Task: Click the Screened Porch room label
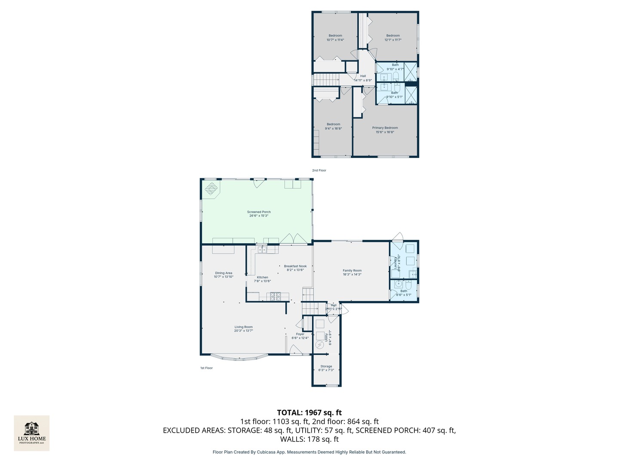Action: pyautogui.click(x=259, y=212)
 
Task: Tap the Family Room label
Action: pyautogui.click(x=352, y=270)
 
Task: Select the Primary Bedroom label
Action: pyautogui.click(x=385, y=128)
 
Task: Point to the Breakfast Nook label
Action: pyautogui.click(x=295, y=266)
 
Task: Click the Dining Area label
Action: pyautogui.click(x=224, y=273)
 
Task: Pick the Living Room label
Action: pyautogui.click(x=243, y=327)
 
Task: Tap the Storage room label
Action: pyautogui.click(x=326, y=366)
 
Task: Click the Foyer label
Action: pyautogui.click(x=300, y=334)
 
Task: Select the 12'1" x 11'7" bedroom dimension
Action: pyautogui.click(x=393, y=40)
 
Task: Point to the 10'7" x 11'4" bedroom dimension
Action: pyautogui.click(x=335, y=40)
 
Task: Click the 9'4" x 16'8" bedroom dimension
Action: pyautogui.click(x=333, y=128)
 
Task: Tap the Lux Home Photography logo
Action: pyautogui.click(x=32, y=433)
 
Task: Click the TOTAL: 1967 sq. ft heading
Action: pyautogui.click(x=309, y=412)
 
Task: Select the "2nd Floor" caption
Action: pyautogui.click(x=319, y=170)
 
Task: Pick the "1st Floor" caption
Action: pyautogui.click(x=206, y=368)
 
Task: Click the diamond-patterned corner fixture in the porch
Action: pyautogui.click(x=211, y=189)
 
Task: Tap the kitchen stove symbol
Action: pyautogui.click(x=274, y=296)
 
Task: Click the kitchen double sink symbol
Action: pyautogui.click(x=262, y=249)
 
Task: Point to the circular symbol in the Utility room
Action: pyautogui.click(x=319, y=345)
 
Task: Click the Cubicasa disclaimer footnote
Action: pyautogui.click(x=309, y=452)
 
